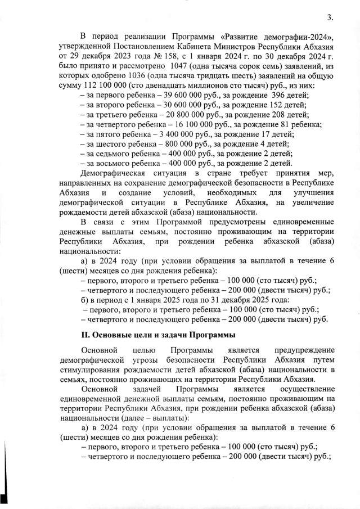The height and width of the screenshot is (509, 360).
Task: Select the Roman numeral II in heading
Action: point(86,336)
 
